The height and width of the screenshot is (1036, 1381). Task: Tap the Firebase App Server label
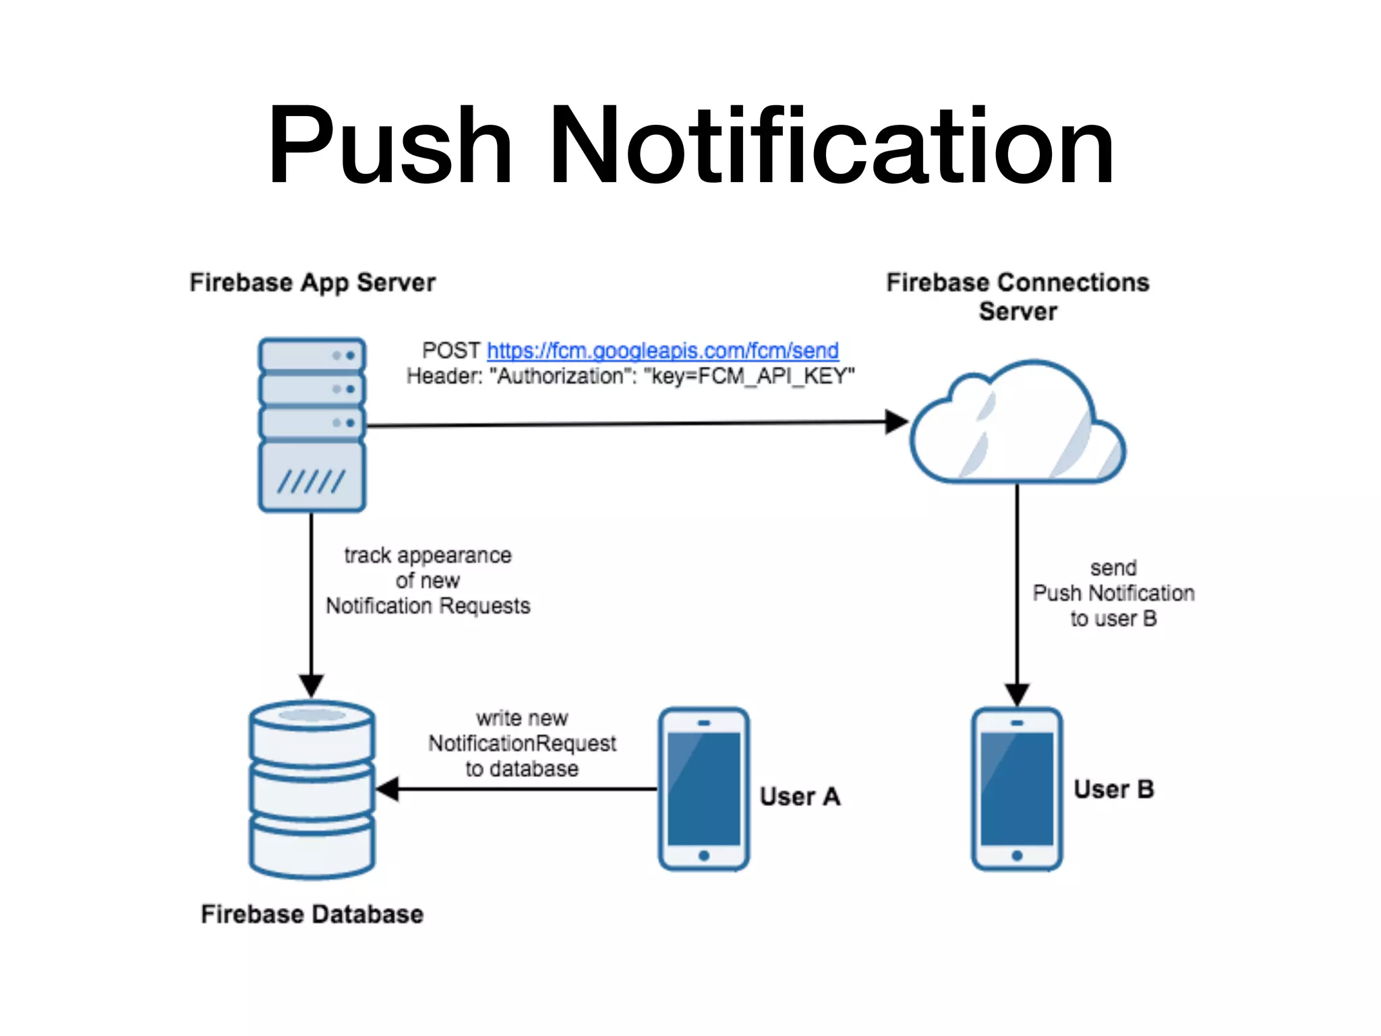point(312,283)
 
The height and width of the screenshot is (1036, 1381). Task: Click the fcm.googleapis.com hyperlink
point(662,351)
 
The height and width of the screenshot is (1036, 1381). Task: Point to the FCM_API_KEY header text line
point(630,376)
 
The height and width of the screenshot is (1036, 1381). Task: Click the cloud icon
point(1017,425)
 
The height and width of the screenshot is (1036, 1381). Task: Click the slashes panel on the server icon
point(312,480)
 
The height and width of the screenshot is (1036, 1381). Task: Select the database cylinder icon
point(312,789)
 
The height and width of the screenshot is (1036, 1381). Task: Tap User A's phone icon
point(703,789)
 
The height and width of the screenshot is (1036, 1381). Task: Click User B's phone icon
point(1017,789)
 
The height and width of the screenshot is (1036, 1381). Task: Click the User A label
point(800,797)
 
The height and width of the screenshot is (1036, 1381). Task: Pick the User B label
point(1113,789)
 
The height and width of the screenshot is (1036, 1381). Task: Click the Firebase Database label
point(312,915)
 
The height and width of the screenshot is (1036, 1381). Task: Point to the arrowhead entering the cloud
point(897,422)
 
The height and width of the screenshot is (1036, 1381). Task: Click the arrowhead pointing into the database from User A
point(388,788)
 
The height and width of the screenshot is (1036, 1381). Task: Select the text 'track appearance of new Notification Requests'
point(428,581)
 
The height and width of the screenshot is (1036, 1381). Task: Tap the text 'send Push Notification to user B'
point(1113,594)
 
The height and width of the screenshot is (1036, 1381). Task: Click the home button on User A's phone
point(703,855)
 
